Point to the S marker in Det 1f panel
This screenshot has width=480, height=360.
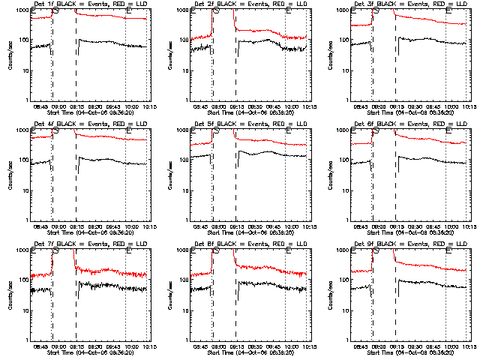(x=56, y=11)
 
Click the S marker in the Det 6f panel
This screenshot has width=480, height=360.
(x=376, y=131)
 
